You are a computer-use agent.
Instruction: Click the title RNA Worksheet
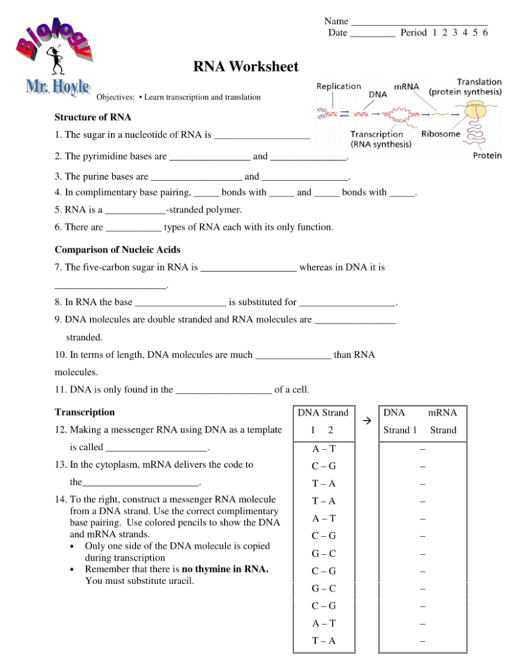tap(241, 67)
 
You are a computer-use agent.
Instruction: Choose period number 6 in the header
tap(485, 32)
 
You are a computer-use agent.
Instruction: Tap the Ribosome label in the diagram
tap(441, 135)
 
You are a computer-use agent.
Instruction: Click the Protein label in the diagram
tap(487, 155)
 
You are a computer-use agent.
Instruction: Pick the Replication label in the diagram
tap(338, 87)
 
